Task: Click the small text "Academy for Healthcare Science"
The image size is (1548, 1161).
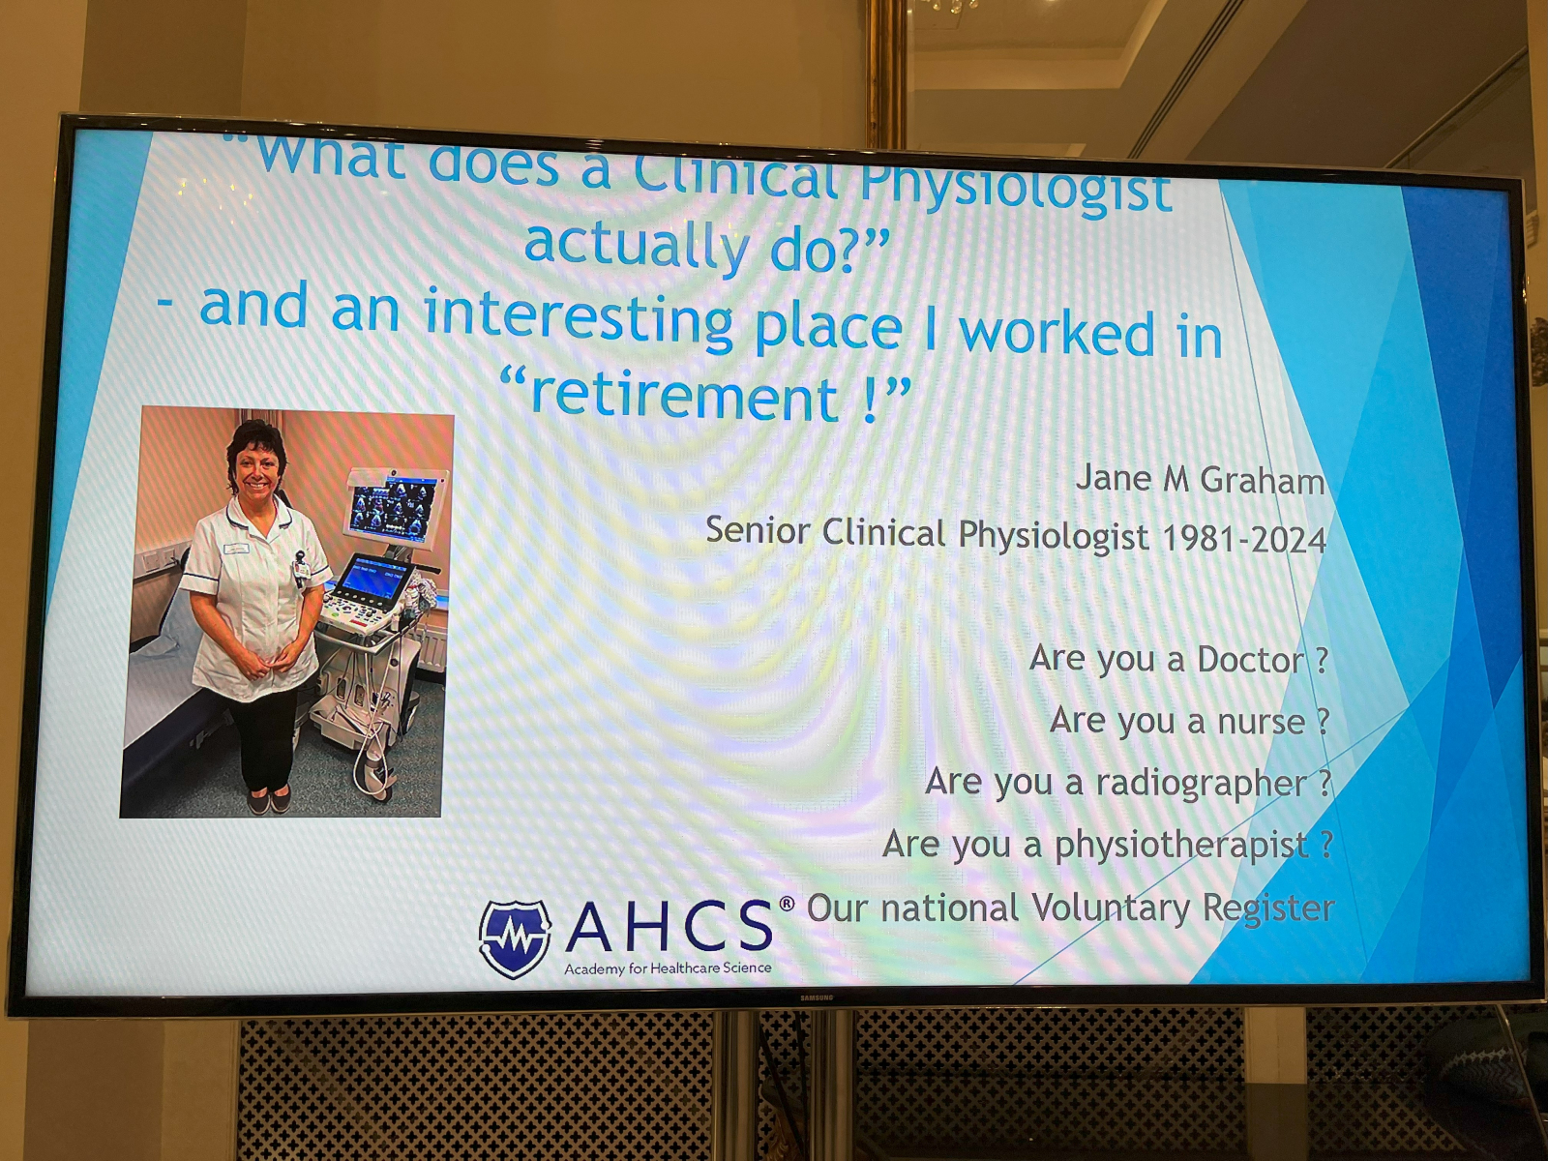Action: pyautogui.click(x=668, y=967)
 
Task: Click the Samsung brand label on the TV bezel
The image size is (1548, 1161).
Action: pyautogui.click(x=816, y=997)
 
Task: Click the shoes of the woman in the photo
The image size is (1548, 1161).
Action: pyautogui.click(x=269, y=801)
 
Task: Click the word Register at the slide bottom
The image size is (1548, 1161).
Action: pyautogui.click(x=1268, y=910)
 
